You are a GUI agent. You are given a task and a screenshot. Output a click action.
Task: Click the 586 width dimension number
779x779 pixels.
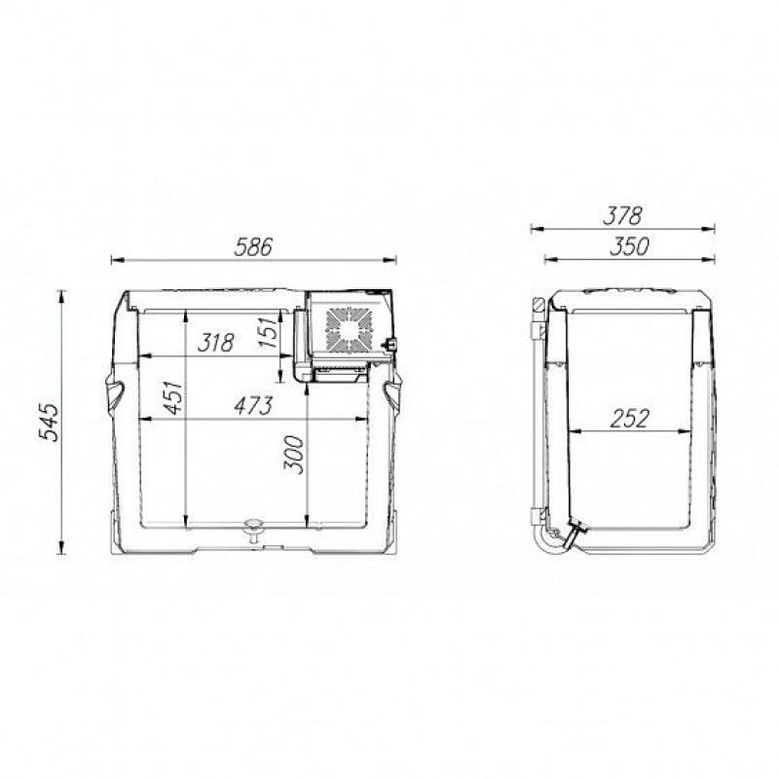tap(253, 247)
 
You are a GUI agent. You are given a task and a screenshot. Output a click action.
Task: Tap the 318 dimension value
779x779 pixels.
tap(215, 343)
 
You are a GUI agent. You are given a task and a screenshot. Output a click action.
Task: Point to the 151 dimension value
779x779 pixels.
tap(269, 331)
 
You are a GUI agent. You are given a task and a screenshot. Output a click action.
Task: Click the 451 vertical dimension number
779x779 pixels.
tap(174, 397)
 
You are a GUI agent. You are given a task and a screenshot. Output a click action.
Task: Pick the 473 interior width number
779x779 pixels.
tap(253, 405)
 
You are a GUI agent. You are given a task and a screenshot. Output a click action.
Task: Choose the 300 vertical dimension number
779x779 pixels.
tap(294, 455)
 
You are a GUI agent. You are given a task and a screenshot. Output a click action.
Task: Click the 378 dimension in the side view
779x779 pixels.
tap(622, 216)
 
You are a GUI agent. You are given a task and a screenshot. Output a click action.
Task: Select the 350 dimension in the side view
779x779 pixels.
tap(629, 247)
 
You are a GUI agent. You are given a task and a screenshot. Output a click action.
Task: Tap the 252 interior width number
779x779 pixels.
tap(629, 419)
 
